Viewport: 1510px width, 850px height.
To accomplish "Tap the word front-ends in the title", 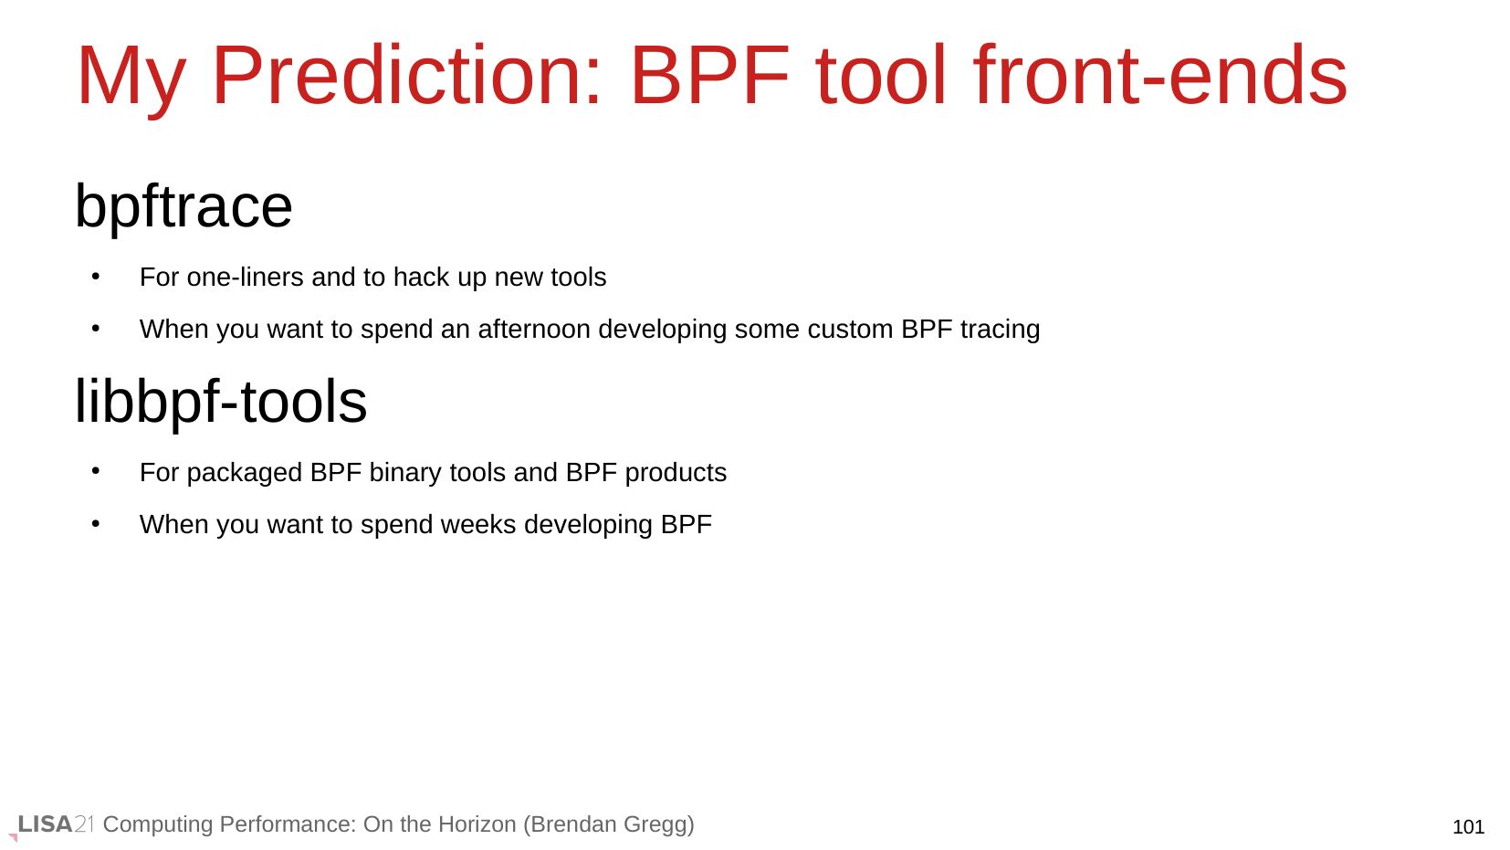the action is point(1160,75).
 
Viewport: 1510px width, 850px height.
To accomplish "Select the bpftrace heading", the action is point(184,207).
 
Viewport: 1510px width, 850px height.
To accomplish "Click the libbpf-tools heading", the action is point(220,401).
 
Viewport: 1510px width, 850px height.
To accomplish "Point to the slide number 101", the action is point(1468,826).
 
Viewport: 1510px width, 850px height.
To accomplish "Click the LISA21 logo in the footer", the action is point(54,824).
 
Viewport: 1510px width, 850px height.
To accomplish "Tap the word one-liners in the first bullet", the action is point(246,277).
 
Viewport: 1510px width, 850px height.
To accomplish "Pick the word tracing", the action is point(1001,330).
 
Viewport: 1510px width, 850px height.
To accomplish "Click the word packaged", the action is point(244,473).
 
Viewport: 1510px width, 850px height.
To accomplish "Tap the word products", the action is point(676,473).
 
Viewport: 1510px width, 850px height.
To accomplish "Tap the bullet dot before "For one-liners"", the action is point(96,276).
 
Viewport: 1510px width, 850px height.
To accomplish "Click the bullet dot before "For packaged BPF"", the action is point(96,471).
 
